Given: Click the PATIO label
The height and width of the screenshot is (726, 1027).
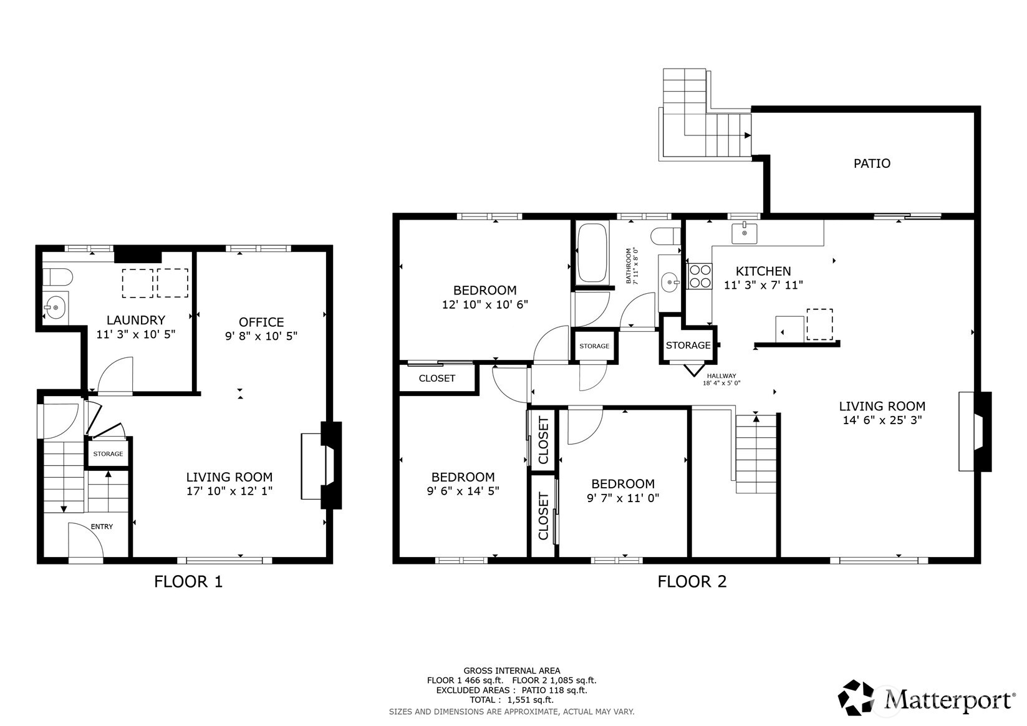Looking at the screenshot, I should pos(871,163).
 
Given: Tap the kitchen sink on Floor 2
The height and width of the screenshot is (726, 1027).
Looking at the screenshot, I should pos(744,233).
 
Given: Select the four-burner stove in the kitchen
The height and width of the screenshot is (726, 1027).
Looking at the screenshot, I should pos(700,276).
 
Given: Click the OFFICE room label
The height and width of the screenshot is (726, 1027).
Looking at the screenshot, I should pos(261,322).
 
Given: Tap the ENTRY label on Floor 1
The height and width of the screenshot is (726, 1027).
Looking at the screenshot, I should pos(102,526).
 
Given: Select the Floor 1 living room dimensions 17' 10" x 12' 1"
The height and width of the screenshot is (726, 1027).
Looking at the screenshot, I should pos(229,491).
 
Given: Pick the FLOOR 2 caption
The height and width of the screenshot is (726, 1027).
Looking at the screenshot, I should pos(692,581).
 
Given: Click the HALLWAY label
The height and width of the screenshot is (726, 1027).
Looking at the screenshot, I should pos(721,376).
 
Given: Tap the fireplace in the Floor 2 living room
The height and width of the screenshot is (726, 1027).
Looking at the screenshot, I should pos(976,431).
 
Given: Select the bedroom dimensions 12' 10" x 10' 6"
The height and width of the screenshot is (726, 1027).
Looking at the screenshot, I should pos(485,304).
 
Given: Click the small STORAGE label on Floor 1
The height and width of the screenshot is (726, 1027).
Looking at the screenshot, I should pos(108,454).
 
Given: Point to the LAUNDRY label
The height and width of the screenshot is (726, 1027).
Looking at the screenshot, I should pos(135,320).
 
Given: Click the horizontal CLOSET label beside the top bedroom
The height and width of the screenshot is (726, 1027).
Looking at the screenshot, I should pos(436,378).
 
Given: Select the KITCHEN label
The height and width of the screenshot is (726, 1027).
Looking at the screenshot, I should pos(763,271).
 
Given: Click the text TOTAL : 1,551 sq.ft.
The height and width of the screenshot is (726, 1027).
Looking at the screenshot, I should pos(511,700).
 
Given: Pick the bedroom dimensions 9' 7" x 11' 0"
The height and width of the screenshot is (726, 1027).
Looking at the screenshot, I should pos(622,498).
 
